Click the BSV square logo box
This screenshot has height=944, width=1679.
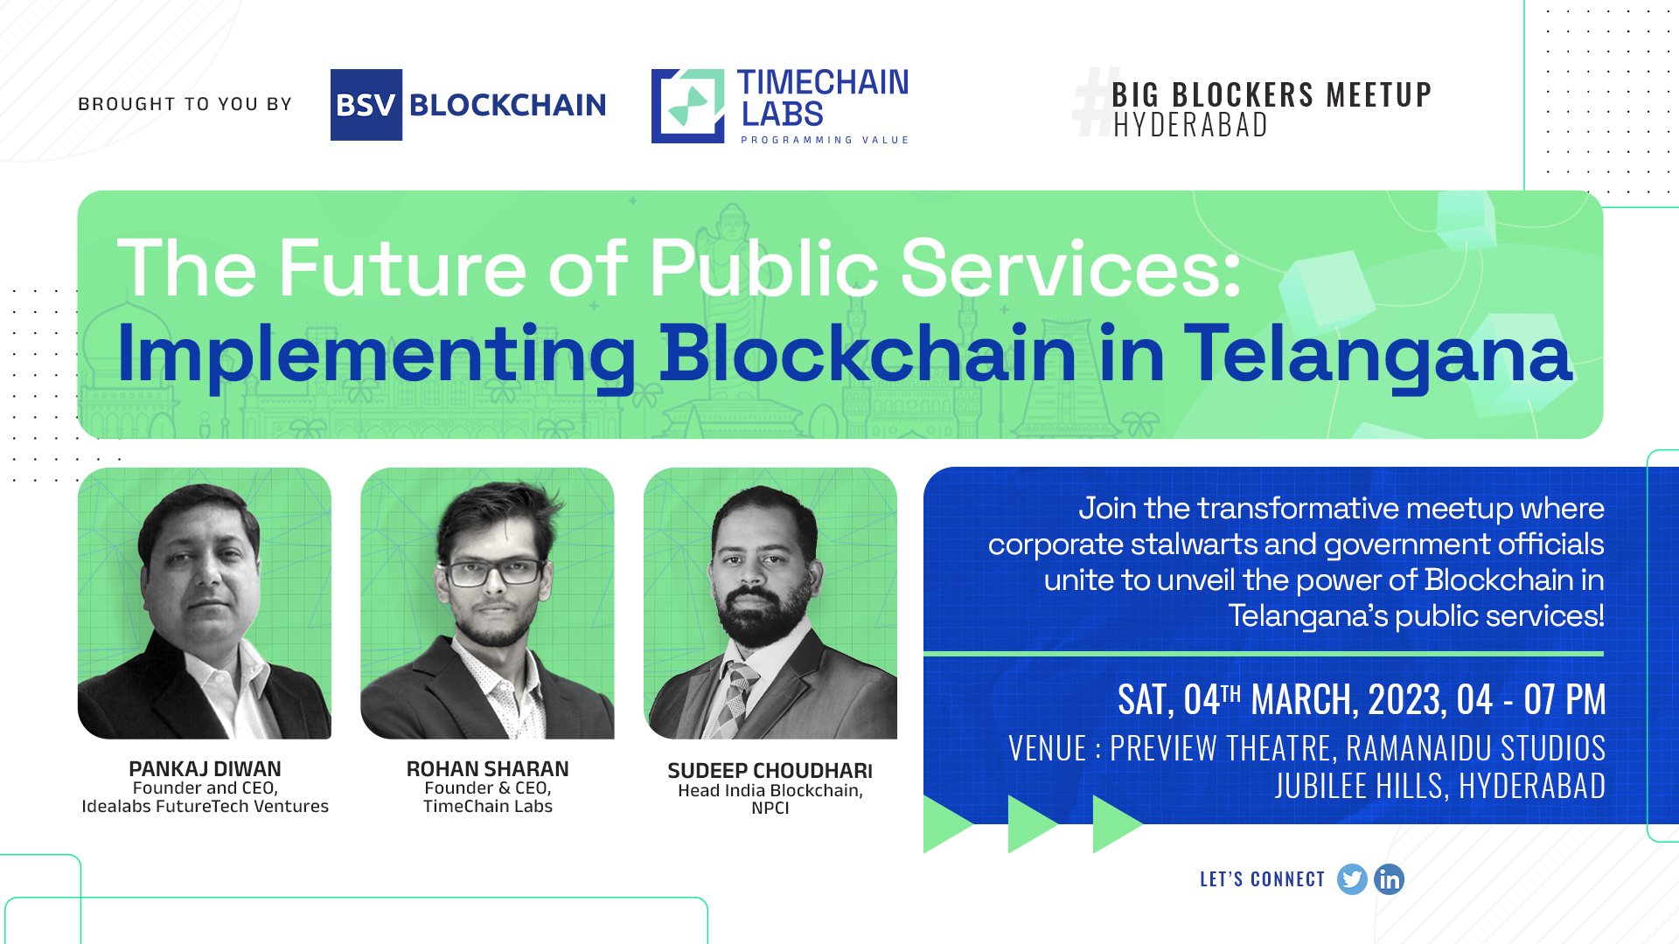[366, 105]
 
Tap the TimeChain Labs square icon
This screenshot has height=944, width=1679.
[688, 106]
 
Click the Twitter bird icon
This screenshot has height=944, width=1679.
[1352, 879]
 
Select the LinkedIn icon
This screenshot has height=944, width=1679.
[1390, 879]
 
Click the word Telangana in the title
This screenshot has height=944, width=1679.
[1378, 355]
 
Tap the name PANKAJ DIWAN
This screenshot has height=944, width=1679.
[205, 769]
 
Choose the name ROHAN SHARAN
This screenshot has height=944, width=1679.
[488, 769]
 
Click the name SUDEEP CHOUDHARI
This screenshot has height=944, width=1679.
[770, 771]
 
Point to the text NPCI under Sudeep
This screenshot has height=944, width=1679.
[770, 809]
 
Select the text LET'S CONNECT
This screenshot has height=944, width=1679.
[1263, 879]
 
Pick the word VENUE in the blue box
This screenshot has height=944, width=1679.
[1048, 749]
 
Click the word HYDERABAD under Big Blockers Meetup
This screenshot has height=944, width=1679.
[1190, 125]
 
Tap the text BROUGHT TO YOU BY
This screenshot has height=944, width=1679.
[185, 104]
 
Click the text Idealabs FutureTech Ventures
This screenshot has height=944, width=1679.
[206, 807]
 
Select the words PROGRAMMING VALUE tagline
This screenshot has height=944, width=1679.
[826, 140]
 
